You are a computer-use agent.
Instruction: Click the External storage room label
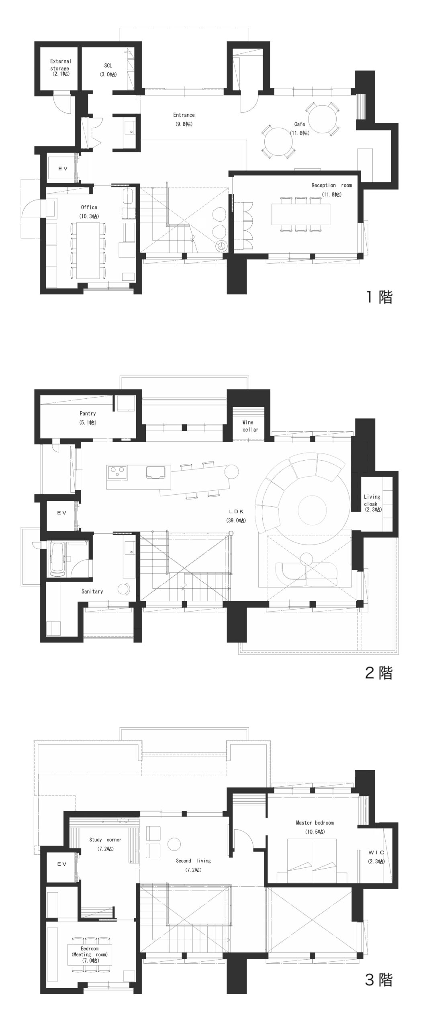(61, 67)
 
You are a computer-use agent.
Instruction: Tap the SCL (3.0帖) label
(108, 69)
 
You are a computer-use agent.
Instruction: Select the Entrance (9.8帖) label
(184, 119)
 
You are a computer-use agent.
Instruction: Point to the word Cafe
(299, 124)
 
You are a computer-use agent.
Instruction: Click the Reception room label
(331, 189)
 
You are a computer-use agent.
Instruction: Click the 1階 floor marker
(378, 297)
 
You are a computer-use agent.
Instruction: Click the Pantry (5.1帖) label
(88, 418)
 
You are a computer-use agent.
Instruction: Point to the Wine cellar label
(250, 426)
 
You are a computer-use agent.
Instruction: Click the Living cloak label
(372, 502)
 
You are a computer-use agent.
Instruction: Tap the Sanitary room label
(92, 591)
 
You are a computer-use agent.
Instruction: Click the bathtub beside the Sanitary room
(56, 559)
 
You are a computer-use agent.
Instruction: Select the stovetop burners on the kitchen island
(117, 471)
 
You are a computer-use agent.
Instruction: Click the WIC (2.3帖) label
(376, 856)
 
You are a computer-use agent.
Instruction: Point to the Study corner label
(105, 844)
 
